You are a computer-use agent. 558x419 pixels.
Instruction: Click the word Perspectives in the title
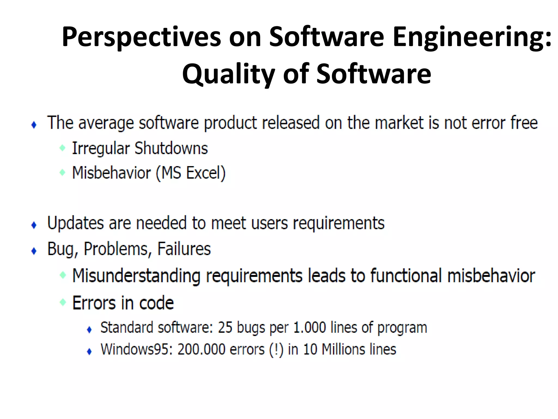(x=141, y=37)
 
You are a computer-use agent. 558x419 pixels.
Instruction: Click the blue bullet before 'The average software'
(x=34, y=125)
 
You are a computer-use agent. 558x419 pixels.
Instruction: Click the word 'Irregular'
(x=101, y=149)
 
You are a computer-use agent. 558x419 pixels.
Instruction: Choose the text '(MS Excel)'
(x=191, y=173)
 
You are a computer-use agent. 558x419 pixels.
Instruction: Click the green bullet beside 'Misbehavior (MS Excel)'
(x=62, y=172)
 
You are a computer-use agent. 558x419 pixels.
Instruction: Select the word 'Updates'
(x=75, y=223)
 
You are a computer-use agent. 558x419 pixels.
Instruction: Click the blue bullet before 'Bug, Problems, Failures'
(x=34, y=251)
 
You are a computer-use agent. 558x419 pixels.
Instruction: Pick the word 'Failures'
(x=184, y=249)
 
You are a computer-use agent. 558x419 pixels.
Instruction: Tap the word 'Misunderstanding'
(x=136, y=276)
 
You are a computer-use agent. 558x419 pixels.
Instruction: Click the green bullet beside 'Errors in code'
(x=63, y=302)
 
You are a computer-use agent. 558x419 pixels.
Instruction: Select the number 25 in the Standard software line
(x=225, y=327)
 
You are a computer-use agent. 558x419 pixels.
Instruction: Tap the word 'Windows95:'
(x=137, y=349)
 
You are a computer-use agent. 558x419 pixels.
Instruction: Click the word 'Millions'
(x=343, y=349)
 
